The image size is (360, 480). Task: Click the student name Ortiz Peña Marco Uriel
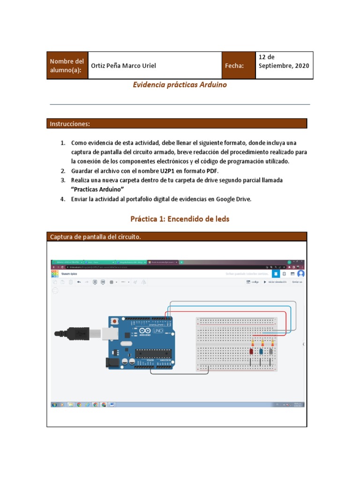pyautogui.click(x=123, y=66)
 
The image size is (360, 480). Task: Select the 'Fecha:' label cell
pyautogui.click(x=234, y=66)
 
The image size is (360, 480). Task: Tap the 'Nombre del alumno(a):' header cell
pyautogui.click(x=67, y=66)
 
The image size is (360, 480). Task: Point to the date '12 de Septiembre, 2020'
pyautogui.click(x=284, y=61)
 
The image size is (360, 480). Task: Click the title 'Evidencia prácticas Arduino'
pyautogui.click(x=180, y=85)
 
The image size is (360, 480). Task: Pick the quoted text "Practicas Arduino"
pyautogui.click(x=97, y=189)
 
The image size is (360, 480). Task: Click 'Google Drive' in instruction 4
pyautogui.click(x=233, y=199)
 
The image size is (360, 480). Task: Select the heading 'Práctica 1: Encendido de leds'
pyautogui.click(x=180, y=219)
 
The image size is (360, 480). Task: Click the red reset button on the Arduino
pyautogui.click(x=114, y=322)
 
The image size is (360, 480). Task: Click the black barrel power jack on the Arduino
pyautogui.click(x=113, y=362)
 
